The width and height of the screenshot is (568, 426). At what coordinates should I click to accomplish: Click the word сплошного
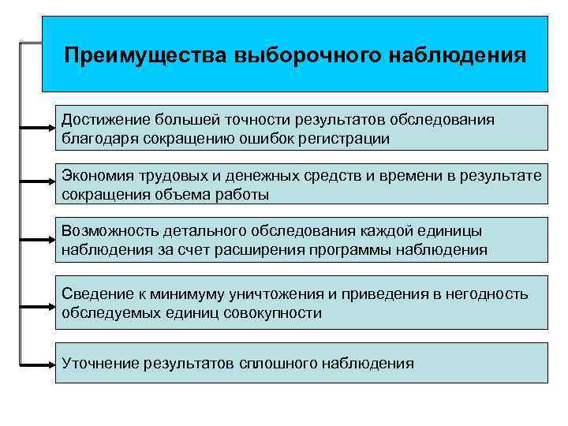[278, 363]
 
